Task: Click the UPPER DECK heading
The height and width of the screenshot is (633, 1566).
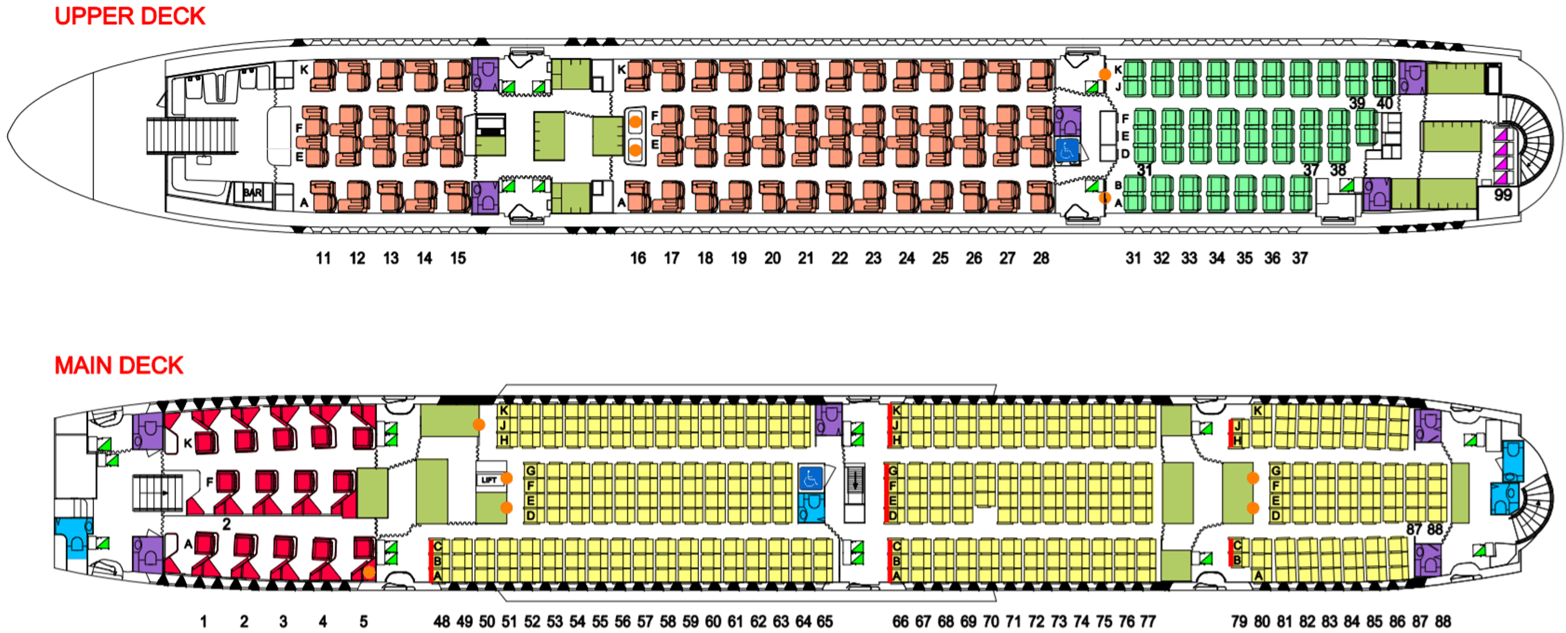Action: click(x=130, y=16)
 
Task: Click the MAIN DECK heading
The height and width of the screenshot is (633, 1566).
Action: click(x=119, y=365)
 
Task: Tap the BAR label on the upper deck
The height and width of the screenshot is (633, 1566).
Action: click(x=252, y=193)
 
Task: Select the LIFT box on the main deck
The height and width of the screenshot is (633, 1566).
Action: click(x=489, y=480)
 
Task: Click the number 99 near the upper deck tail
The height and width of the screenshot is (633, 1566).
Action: click(x=1503, y=195)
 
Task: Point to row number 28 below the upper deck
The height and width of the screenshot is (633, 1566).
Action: click(x=1041, y=259)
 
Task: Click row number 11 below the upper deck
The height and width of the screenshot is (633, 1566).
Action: click(x=323, y=259)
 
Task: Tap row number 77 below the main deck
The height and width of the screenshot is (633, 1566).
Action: click(x=1148, y=622)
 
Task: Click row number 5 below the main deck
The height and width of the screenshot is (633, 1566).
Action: click(x=363, y=622)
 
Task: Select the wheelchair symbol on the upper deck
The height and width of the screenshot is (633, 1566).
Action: click(x=1067, y=150)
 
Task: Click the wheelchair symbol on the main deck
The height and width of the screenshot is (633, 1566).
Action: click(x=810, y=478)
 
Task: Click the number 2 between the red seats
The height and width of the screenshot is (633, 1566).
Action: click(x=226, y=524)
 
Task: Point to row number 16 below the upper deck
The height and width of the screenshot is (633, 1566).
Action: click(x=638, y=259)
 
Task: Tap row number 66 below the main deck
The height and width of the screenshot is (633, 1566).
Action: click(x=900, y=622)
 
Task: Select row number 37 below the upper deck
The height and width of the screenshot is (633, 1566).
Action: click(x=1300, y=259)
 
